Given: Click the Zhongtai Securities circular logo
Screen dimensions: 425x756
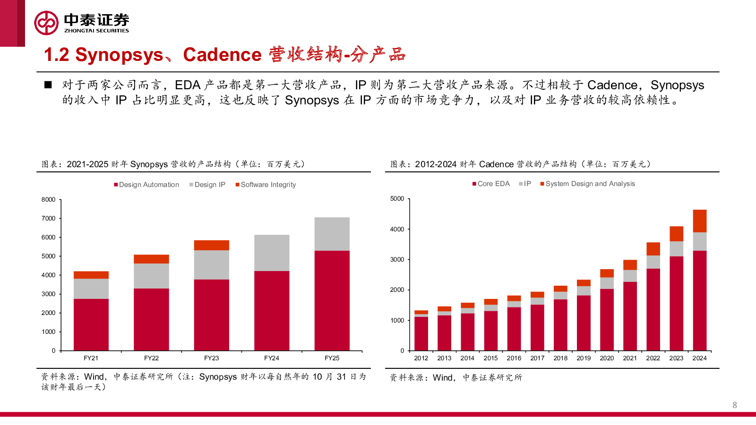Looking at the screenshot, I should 46,23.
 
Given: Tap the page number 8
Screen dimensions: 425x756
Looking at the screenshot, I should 734,405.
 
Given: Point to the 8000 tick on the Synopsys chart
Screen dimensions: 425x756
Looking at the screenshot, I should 48,200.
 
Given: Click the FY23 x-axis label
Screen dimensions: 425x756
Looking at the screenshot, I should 211,358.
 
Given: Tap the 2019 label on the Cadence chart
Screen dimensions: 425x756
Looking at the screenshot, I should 584,358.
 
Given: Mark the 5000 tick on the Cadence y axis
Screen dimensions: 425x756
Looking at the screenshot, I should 397,199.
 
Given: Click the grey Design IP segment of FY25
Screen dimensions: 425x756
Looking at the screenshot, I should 332,234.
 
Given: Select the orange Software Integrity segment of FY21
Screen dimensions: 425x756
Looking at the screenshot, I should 91,275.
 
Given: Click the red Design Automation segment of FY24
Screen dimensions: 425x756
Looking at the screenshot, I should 272,310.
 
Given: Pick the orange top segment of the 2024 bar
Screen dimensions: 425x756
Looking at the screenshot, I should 699,221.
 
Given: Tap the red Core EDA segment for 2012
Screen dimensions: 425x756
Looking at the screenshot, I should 421,333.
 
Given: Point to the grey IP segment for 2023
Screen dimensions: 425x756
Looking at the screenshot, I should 676,249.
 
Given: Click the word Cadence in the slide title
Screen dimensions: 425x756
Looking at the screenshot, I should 222,55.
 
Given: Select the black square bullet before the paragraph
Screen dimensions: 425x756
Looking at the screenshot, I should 48,85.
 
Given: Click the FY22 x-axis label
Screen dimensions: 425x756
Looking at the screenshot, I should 151,358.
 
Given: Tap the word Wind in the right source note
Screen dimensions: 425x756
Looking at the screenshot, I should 443,377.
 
